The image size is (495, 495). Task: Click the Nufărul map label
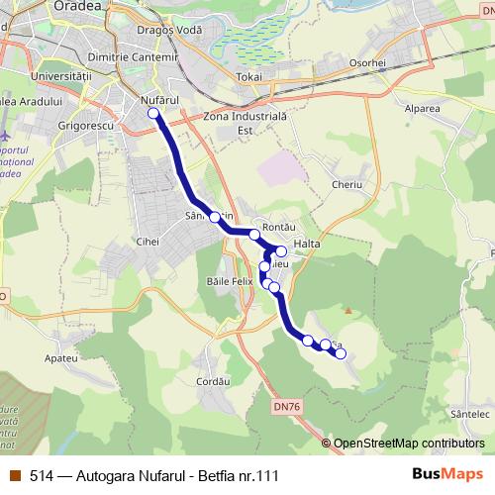point(159,101)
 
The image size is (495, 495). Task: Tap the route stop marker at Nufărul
point(153,114)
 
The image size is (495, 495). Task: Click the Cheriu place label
point(347,184)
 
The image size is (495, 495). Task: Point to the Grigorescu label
point(88,127)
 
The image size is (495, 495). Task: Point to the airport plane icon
point(9,135)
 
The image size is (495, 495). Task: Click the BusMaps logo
point(447,475)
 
